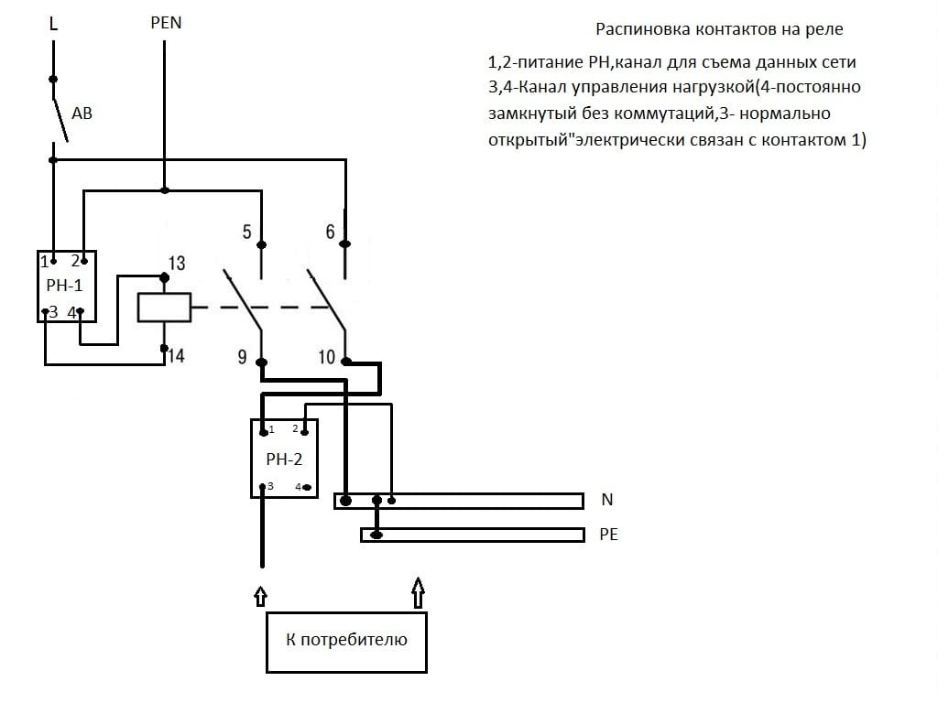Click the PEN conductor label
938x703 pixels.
click(166, 23)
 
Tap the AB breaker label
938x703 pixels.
click(82, 114)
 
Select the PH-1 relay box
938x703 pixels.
click(66, 286)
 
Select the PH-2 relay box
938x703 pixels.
click(284, 458)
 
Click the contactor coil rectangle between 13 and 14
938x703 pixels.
click(164, 307)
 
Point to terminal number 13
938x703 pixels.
click(177, 264)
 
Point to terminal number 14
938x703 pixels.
click(176, 356)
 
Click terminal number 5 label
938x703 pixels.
click(246, 232)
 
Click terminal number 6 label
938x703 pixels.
click(330, 232)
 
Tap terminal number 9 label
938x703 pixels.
click(242, 357)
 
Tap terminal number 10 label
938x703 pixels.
click(327, 357)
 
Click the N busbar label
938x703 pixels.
click(607, 500)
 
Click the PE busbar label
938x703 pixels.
click(608, 535)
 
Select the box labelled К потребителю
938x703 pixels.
click(346, 640)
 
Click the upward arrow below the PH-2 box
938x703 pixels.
click(261, 596)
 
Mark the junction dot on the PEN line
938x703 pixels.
click(165, 190)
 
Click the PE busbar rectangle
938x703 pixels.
click(472, 535)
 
